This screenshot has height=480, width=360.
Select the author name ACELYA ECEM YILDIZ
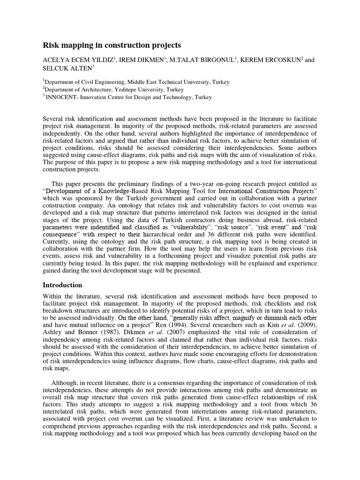tap(78, 60)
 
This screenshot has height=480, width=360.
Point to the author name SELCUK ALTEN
tap(63, 68)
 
